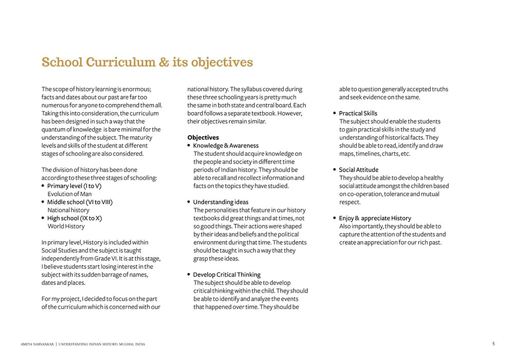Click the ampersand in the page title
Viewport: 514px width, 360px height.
point(164,63)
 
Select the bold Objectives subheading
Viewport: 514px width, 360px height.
point(203,137)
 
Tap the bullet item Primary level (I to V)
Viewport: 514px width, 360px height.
point(74,186)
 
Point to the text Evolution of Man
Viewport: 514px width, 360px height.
point(69,194)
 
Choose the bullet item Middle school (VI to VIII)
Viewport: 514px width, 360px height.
point(80,202)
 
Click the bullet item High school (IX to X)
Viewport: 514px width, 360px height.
point(75,218)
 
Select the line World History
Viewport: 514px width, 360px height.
point(66,226)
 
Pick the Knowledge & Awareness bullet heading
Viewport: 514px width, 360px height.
point(226,146)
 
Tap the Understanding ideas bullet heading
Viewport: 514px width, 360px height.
point(221,202)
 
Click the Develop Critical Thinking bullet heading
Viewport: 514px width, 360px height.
point(227,275)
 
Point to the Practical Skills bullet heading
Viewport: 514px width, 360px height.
point(358,113)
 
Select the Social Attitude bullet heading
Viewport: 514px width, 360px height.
point(358,170)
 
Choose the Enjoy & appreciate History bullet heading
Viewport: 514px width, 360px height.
point(375,218)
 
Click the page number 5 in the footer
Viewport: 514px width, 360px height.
point(493,344)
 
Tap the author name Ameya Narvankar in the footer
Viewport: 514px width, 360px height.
point(37,344)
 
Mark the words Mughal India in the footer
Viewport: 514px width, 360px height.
point(133,344)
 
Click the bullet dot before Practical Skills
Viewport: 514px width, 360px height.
point(335,113)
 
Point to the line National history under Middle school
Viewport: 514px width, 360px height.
point(68,210)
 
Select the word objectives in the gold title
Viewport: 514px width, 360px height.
point(222,63)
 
